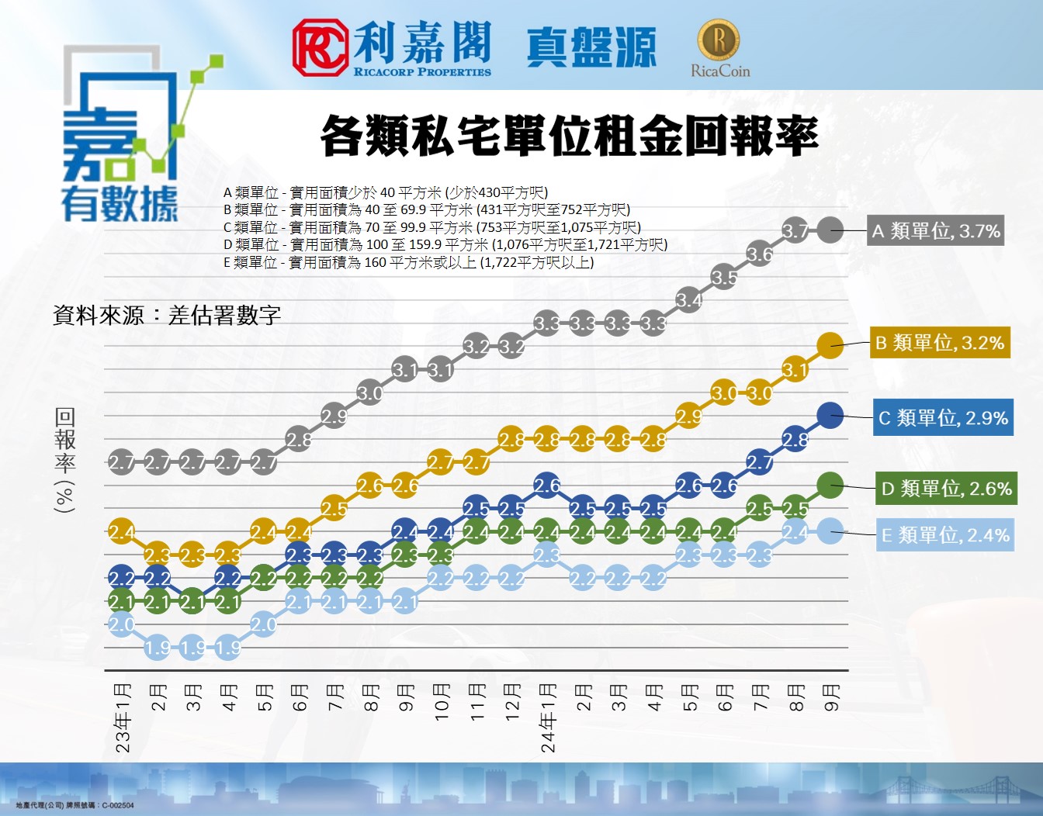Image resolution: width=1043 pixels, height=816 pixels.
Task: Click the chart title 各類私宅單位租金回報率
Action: (569, 137)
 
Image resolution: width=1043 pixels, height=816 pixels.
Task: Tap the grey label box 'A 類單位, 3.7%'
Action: (935, 231)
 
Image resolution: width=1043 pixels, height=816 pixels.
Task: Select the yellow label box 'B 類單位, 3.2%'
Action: (940, 343)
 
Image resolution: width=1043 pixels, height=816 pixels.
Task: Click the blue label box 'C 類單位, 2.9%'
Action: (942, 418)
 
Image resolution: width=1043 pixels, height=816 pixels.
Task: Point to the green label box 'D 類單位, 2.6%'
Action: (945, 489)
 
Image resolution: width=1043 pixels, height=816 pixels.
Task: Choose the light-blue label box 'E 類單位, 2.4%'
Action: (944, 535)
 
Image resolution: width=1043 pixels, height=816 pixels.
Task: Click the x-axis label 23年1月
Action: (123, 717)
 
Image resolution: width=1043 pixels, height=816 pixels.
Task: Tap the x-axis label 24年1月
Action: (548, 717)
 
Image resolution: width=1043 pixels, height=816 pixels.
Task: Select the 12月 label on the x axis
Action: (512, 702)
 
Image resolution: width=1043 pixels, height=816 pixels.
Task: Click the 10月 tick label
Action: (442, 702)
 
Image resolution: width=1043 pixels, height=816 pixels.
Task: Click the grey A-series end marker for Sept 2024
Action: (830, 230)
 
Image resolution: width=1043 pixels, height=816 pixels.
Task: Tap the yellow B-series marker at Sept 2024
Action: (830, 344)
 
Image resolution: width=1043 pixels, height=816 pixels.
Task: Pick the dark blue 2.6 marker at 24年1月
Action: (547, 486)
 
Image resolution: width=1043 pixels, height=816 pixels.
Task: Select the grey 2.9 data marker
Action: (334, 417)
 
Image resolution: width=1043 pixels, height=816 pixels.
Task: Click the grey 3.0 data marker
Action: (370, 392)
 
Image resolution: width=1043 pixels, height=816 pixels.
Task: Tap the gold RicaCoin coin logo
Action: (719, 39)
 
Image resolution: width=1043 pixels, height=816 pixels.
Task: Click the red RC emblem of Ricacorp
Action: (319, 48)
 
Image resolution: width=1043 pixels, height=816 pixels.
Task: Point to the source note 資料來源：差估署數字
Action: (167, 316)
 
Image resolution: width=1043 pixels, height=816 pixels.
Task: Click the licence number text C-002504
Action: (117, 806)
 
